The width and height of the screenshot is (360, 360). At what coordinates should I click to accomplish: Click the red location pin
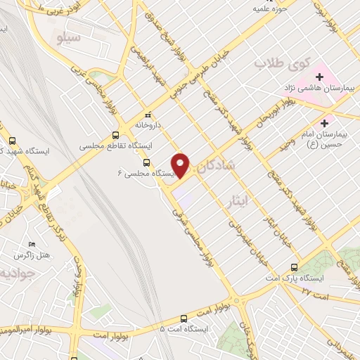tap(181, 165)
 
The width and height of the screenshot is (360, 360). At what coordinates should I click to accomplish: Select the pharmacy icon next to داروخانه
tap(148, 115)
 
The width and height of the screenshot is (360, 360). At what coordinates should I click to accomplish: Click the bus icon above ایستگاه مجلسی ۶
tap(147, 162)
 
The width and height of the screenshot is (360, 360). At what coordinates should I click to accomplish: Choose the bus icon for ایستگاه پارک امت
tap(294, 267)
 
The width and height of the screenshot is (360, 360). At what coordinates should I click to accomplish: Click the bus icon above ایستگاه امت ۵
tap(186, 317)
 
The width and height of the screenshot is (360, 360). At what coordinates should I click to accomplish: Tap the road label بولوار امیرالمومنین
tap(29, 330)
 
